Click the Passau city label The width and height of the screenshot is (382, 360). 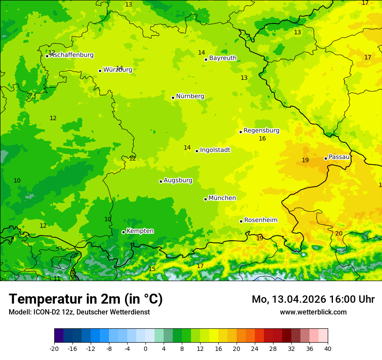(x=339, y=157)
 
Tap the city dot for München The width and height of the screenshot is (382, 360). (x=205, y=199)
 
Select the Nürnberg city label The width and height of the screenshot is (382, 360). (x=190, y=96)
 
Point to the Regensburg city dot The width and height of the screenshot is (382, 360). (x=240, y=132)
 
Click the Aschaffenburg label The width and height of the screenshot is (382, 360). (x=72, y=55)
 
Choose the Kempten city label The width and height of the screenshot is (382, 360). (x=140, y=231)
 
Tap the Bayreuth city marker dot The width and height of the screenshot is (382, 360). (x=206, y=60)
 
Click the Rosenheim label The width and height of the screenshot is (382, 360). (x=260, y=220)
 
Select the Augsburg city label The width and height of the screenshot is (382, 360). (x=178, y=180)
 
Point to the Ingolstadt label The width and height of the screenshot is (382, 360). (x=215, y=150)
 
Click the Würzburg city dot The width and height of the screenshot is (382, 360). (x=100, y=71)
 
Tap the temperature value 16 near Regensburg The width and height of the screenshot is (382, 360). (x=262, y=139)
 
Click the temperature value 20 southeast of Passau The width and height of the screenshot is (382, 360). (x=339, y=234)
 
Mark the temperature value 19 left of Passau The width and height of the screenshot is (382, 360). (x=305, y=160)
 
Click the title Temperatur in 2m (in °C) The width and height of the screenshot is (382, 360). (x=86, y=299)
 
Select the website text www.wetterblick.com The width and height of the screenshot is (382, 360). (x=313, y=312)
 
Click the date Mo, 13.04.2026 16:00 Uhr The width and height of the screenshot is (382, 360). (x=313, y=299)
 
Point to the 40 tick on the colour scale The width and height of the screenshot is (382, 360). (x=328, y=348)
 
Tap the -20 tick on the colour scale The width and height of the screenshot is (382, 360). (x=54, y=348)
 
